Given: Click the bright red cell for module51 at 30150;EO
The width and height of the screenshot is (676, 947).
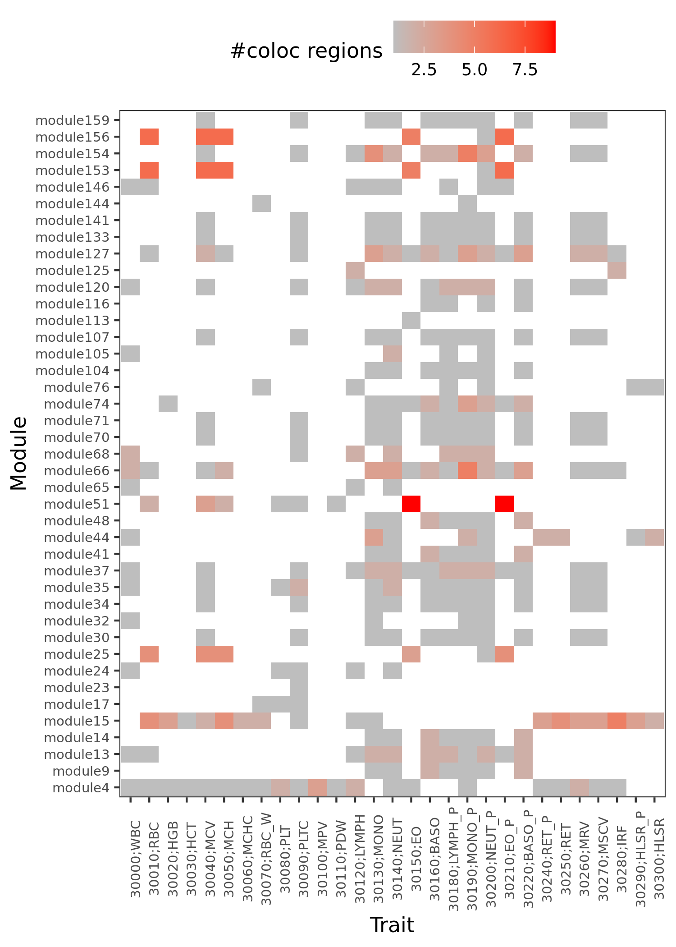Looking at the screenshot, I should (x=411, y=504).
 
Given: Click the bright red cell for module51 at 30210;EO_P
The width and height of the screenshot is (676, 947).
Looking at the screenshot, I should (x=505, y=504).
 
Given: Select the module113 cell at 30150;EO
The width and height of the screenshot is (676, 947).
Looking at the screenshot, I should (x=411, y=320).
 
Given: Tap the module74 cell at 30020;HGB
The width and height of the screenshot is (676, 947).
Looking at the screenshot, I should (x=168, y=404).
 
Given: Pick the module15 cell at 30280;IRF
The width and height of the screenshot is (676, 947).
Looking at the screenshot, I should (x=617, y=721).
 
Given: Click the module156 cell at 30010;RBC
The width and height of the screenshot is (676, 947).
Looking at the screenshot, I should (x=149, y=137).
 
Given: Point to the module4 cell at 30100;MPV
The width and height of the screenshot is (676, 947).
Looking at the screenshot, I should (x=318, y=787).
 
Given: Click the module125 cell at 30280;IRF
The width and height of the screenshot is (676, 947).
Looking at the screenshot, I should (x=617, y=270).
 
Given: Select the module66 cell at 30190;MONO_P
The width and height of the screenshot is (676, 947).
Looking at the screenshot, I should (x=467, y=470).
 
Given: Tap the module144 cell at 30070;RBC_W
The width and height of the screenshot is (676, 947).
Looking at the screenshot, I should (x=261, y=203).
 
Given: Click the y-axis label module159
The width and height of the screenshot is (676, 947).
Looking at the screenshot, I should (x=72, y=120).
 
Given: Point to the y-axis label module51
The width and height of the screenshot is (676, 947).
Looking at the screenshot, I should (x=77, y=504).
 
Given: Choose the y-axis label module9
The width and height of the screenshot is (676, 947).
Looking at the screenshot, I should (x=81, y=771).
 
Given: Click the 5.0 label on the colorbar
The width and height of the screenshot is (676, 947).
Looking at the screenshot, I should (x=475, y=70).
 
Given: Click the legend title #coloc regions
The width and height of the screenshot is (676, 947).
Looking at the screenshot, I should (x=306, y=51).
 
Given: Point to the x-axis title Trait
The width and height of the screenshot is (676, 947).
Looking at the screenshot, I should (x=392, y=925).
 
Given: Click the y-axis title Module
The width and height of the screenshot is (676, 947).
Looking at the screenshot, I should (x=19, y=453).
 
